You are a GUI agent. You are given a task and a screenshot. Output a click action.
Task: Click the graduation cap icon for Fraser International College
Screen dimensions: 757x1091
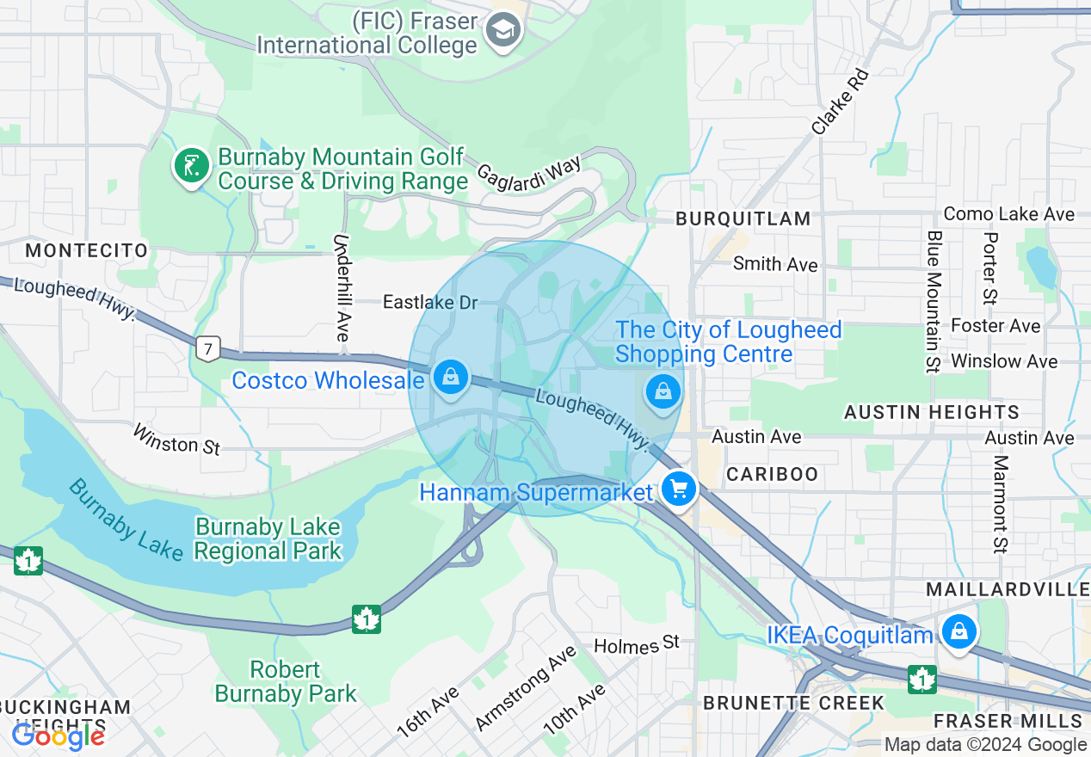tap(502, 32)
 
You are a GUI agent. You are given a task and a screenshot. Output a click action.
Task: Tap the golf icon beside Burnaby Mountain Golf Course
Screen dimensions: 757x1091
tap(192, 165)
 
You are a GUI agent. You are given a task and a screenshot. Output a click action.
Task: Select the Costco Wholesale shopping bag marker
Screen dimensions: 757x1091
tap(449, 377)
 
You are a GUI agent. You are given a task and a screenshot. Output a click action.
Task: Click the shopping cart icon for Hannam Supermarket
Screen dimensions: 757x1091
tap(679, 489)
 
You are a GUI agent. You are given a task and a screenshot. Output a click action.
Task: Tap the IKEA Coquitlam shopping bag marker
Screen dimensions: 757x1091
tap(958, 632)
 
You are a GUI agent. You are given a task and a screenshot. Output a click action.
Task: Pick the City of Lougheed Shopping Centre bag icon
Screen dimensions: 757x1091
tap(663, 392)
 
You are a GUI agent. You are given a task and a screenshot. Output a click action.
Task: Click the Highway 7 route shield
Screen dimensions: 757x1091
tap(206, 348)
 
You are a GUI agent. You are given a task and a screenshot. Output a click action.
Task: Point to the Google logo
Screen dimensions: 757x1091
tap(58, 735)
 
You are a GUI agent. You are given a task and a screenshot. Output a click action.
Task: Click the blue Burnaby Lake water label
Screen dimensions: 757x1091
tap(126, 520)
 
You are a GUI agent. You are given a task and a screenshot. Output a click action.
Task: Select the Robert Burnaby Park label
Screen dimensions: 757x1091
tap(286, 681)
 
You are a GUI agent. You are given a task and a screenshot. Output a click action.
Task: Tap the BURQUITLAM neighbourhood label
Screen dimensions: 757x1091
tap(743, 219)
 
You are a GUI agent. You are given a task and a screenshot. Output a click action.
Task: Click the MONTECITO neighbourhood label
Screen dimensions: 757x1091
tap(86, 250)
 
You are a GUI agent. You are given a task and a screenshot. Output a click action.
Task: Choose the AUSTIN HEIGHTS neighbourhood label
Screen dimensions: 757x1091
tap(931, 413)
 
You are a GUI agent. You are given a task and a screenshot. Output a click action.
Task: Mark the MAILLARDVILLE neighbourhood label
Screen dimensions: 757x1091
tap(1008, 589)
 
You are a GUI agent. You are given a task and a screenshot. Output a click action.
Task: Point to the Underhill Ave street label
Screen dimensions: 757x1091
tap(342, 287)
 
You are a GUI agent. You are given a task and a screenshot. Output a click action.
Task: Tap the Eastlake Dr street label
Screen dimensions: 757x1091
tap(429, 302)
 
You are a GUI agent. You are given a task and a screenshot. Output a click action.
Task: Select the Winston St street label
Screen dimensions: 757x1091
tap(176, 439)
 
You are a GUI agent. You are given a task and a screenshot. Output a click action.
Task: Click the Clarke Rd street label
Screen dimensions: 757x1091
tap(841, 102)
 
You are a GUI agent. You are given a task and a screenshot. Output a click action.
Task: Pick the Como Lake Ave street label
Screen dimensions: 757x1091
tap(1008, 213)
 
